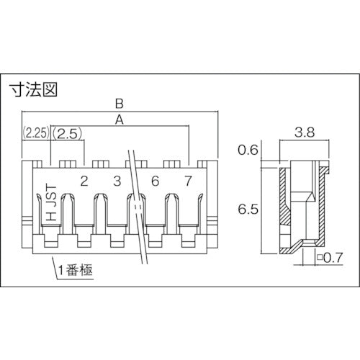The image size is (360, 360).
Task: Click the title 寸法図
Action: click(x=33, y=91)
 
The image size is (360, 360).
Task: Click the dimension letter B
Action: click(x=120, y=104)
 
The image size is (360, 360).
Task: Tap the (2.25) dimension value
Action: click(x=36, y=133)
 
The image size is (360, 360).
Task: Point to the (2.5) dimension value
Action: click(x=69, y=133)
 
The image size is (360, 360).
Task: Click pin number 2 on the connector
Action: click(x=84, y=181)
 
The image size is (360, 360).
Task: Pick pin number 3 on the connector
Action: click(x=117, y=181)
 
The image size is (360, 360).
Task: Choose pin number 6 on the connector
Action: click(x=155, y=181)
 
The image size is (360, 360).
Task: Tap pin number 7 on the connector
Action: click(x=188, y=181)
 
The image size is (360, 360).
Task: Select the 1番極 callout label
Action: click(x=77, y=271)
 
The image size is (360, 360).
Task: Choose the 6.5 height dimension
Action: click(x=248, y=210)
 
